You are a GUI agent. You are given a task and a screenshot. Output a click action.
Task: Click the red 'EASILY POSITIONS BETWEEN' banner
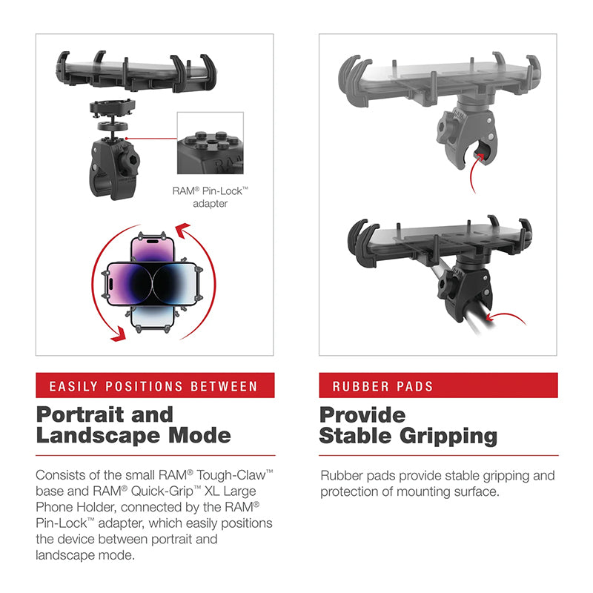pos(154,385)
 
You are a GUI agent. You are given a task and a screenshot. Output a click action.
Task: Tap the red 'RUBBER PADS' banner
pos(437,385)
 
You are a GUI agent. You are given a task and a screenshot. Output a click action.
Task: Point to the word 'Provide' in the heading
pos(362,414)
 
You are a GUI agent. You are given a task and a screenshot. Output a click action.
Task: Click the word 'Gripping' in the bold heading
pos(449,436)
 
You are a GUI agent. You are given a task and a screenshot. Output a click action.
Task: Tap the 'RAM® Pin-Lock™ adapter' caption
pos(210,196)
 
